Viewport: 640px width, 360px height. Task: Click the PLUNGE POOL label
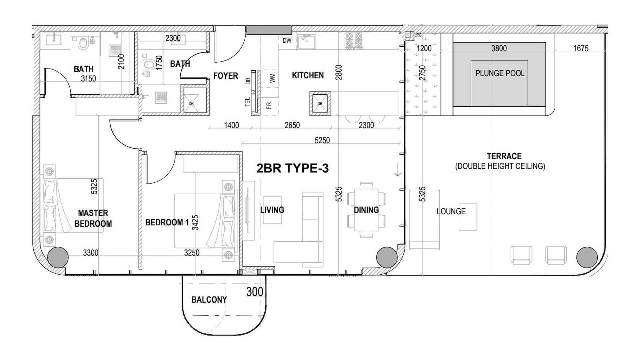coord(500,73)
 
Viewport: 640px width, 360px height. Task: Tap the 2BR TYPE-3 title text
coord(292,168)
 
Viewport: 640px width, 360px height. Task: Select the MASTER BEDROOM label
coord(93,218)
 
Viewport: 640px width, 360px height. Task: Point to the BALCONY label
coord(209,300)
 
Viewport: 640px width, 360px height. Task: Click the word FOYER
coord(226,76)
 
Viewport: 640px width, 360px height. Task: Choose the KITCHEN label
coord(308,75)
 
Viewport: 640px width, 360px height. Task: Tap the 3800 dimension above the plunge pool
coord(499,48)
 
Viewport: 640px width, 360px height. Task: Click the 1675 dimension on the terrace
coord(581,48)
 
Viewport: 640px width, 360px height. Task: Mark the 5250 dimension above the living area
coord(322,140)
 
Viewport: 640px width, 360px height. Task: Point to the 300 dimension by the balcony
coord(255,292)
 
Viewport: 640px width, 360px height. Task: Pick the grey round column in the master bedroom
coord(58,257)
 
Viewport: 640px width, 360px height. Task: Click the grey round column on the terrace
coord(587,257)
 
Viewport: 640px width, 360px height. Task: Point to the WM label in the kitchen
coord(273,78)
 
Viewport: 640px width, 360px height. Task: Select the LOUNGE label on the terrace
coord(451,211)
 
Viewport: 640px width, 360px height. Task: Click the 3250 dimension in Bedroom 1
coord(192,253)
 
